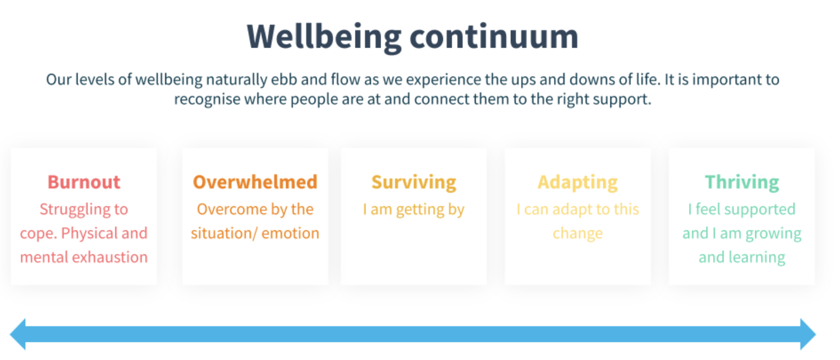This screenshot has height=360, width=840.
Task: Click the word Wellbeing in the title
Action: [324, 38]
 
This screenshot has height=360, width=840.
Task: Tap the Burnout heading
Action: [84, 182]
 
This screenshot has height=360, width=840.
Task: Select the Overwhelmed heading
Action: [255, 182]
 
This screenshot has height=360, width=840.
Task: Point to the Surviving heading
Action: [413, 183]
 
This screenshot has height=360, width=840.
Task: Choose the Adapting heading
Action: [577, 183]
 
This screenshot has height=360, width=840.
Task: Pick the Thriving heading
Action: [742, 183]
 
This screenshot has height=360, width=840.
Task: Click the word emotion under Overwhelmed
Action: [290, 234]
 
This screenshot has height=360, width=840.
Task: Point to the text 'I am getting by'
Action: [413, 210]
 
